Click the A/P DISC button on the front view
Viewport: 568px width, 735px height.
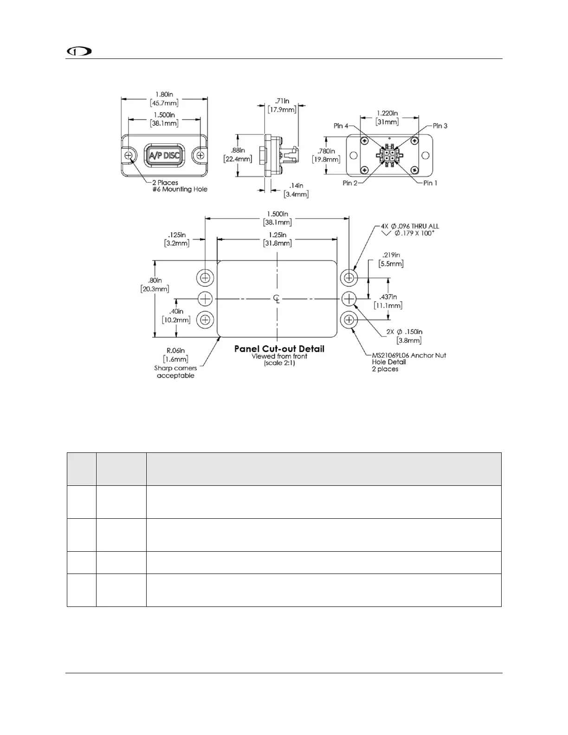click(x=164, y=155)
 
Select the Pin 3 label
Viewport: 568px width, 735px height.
click(x=440, y=126)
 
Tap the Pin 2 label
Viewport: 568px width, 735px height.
click(x=350, y=183)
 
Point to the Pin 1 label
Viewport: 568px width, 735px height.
click(x=430, y=183)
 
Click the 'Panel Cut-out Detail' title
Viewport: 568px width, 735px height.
click(x=279, y=349)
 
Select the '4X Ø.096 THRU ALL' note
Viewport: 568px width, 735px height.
click(x=407, y=226)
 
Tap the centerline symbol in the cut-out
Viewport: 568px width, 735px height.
click(x=277, y=298)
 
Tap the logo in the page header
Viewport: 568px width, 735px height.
click(x=79, y=51)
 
